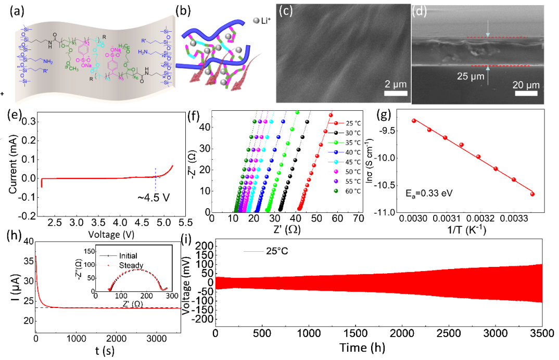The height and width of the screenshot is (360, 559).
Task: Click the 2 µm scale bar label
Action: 395,85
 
